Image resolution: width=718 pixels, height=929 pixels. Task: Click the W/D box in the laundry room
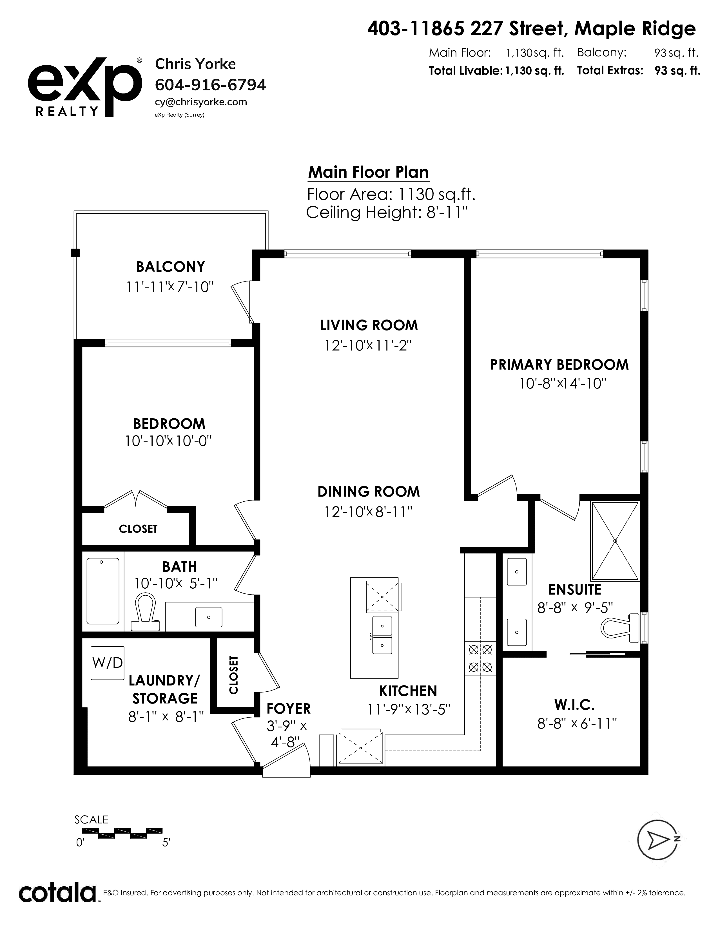(x=108, y=663)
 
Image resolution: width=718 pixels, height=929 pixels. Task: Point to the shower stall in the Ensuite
(x=615, y=541)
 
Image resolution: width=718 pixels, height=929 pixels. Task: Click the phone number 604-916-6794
(x=211, y=85)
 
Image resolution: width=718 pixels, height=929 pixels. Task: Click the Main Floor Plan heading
(x=368, y=172)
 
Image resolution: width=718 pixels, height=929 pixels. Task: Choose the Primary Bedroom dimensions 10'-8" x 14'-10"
(x=562, y=384)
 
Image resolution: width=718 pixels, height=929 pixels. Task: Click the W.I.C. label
(x=574, y=705)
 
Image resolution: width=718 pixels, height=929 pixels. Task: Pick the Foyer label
(x=288, y=709)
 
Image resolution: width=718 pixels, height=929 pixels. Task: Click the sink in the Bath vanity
(x=208, y=617)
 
